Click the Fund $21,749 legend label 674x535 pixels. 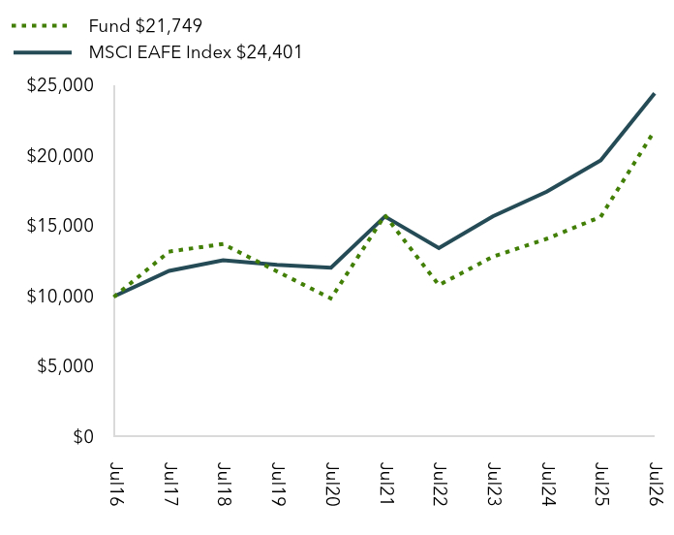coord(145,26)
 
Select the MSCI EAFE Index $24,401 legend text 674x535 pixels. coord(196,52)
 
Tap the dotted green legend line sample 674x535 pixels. coord(40,26)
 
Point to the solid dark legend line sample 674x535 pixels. coord(43,52)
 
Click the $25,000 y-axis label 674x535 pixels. coord(60,85)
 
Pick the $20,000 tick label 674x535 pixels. coord(60,156)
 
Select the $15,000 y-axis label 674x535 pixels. coord(60,226)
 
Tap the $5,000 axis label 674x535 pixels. coord(65,366)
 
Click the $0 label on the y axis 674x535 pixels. coord(83,436)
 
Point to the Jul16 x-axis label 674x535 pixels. coord(115,484)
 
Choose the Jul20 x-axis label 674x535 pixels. coord(331,485)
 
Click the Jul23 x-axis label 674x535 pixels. coord(494,485)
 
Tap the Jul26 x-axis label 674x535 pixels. coord(656,485)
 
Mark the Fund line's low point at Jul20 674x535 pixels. coord(331,299)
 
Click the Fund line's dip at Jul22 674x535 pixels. coord(439,284)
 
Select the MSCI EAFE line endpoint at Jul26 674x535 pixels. coord(655,94)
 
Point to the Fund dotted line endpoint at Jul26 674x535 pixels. coord(654,133)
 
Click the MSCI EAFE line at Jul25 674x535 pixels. coord(600,160)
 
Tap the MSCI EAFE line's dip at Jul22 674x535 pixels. coord(439,248)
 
